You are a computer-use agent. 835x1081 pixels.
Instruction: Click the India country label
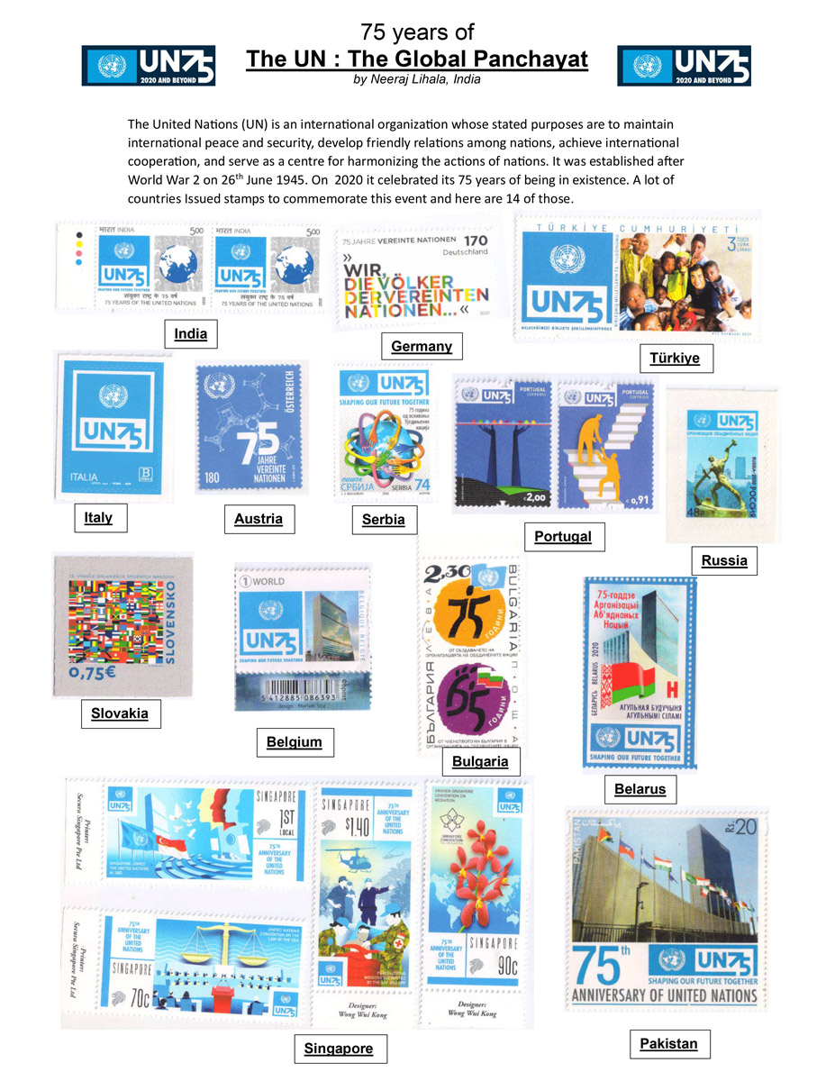[190, 334]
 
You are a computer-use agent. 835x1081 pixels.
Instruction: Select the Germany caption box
[421, 346]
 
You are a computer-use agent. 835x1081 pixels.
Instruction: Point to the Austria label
[259, 518]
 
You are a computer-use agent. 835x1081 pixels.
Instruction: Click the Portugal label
[562, 537]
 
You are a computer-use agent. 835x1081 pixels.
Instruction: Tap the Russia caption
[724, 560]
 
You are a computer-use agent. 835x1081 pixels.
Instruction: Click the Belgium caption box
[294, 742]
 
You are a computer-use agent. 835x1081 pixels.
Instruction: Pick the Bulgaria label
[481, 761]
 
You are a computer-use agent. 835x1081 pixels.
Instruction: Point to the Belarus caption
[640, 790]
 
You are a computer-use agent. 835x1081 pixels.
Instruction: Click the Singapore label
[333, 1049]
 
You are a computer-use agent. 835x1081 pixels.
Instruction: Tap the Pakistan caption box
[668, 1044]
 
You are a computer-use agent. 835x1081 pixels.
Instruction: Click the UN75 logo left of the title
[149, 66]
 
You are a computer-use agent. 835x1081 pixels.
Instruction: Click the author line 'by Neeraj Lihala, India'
[416, 79]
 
